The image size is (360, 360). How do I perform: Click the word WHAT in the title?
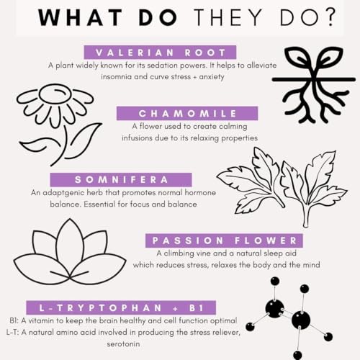coord(80,17)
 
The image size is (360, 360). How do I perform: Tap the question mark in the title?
coord(330,17)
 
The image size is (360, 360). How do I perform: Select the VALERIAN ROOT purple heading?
coord(160,53)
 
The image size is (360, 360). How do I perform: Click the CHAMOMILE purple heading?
coord(187,113)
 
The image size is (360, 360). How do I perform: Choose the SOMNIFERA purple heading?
coord(121,179)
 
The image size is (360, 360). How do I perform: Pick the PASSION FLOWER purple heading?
coord(224,240)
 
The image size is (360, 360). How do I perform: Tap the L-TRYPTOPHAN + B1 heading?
coord(121,307)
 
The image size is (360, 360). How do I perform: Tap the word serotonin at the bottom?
coord(123,344)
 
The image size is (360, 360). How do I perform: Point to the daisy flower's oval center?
coord(55,94)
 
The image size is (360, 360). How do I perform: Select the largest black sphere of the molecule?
coord(301,320)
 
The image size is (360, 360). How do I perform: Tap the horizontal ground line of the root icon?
coord(313,79)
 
